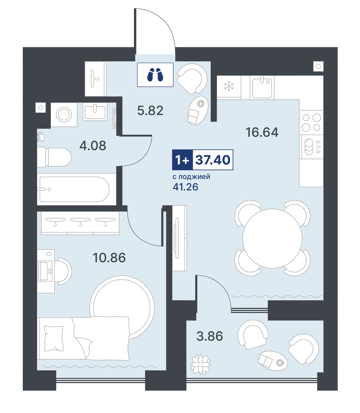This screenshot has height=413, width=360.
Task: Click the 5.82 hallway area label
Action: click(150, 111)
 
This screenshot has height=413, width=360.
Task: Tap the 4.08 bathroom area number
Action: click(93, 145)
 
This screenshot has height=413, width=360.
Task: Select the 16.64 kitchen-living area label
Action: click(262, 132)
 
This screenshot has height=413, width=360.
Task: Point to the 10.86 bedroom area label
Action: click(109, 258)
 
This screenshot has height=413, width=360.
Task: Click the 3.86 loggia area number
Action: click(210, 337)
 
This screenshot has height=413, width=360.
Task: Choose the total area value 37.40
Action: click(213, 160)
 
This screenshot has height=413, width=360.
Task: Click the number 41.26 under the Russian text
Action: click(185, 187)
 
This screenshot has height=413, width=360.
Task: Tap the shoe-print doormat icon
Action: click(155, 75)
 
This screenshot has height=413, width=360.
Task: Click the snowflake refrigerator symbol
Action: click(229, 87)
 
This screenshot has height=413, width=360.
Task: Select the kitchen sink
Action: click(262, 88)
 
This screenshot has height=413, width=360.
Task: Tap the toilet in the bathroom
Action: click(54, 158)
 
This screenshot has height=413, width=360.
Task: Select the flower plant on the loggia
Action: click(201, 364)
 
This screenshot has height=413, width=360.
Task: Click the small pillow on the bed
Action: click(54, 338)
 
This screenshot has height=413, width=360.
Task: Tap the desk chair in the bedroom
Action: click(64, 271)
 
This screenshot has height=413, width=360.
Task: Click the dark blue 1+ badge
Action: click(182, 160)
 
